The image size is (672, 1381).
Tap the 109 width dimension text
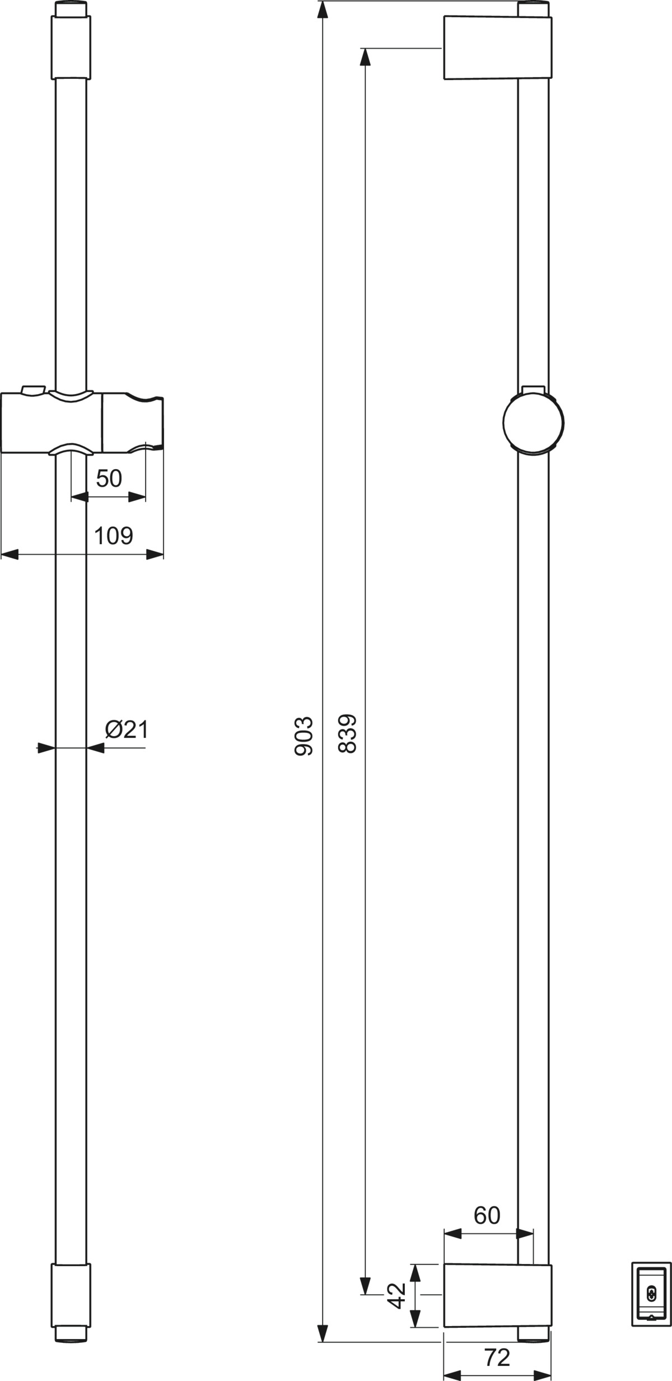[x=114, y=536]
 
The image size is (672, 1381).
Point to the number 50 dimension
[x=109, y=478]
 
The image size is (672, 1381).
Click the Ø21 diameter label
[x=127, y=729]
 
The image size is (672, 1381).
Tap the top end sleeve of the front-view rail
[x=71, y=47]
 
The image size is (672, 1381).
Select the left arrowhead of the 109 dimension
[x=10, y=554]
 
